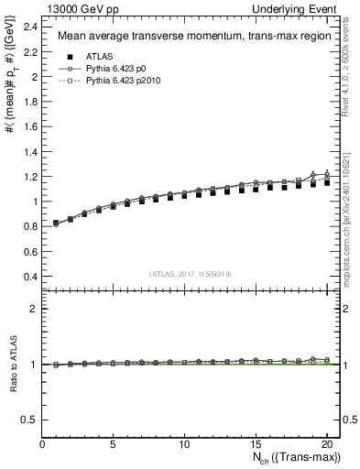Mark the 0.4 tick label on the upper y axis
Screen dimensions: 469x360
31,276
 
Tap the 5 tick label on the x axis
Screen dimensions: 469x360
114,445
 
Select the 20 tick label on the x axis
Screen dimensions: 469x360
326,445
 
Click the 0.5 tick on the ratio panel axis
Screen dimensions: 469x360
31,420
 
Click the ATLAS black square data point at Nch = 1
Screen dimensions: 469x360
57,223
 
